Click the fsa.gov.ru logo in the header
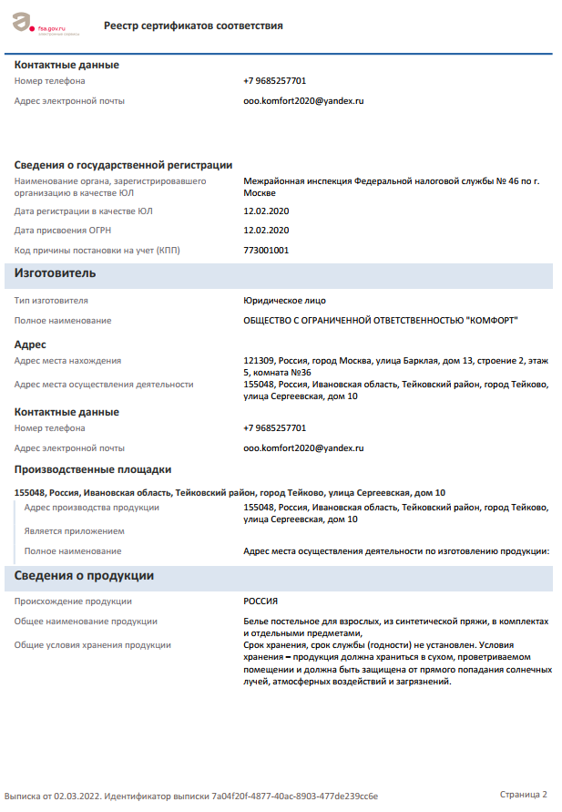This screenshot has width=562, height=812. coord(46,24)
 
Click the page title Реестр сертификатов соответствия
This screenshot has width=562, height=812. coord(193,26)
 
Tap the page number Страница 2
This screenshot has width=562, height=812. coord(523,794)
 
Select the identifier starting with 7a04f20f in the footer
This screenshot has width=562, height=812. coord(294,796)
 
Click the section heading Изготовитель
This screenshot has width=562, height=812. coord(56,273)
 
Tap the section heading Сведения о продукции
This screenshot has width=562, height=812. coord(84,576)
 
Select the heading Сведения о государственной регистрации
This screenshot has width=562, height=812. coord(123,165)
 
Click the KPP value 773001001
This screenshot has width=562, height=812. coord(266,250)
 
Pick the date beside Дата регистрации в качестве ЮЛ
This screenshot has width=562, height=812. coord(266,211)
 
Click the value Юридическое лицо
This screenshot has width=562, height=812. coord(284,300)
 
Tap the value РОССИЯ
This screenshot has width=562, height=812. coord(261,601)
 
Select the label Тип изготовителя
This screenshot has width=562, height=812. coord(51,300)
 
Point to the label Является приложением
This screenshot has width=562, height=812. coord(75,531)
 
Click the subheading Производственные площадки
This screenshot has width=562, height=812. coord(93,470)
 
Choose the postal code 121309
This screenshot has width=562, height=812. coord(258,361)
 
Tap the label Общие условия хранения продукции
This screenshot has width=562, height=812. coord(93,645)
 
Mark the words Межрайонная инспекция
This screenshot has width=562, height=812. coord(297,181)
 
